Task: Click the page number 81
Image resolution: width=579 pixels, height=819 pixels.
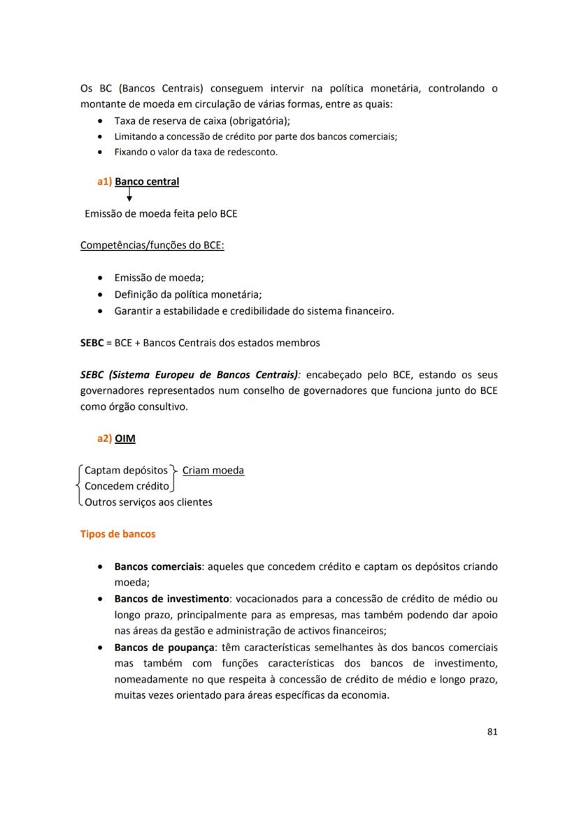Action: click(x=491, y=732)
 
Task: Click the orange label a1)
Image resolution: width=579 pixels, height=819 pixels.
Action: click(x=104, y=182)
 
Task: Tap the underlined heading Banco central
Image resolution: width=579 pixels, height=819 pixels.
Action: click(x=147, y=182)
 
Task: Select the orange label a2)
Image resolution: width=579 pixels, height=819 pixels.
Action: click(x=104, y=439)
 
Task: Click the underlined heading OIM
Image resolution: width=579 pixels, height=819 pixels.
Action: click(x=125, y=439)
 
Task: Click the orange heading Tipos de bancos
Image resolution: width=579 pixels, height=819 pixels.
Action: click(x=118, y=534)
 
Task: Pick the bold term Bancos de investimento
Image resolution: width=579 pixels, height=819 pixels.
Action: click(x=171, y=599)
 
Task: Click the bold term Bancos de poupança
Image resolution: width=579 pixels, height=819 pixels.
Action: click(x=162, y=648)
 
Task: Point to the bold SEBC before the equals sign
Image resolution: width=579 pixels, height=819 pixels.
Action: click(x=92, y=343)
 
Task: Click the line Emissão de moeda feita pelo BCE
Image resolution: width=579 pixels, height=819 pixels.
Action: click(x=160, y=213)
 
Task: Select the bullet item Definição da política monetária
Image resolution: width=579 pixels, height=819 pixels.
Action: click(x=192, y=294)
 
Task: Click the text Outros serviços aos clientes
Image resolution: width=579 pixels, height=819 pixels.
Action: click(x=148, y=502)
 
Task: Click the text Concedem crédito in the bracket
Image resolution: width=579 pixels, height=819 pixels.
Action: click(x=127, y=486)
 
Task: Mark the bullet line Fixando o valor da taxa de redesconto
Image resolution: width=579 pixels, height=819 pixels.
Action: click(x=196, y=152)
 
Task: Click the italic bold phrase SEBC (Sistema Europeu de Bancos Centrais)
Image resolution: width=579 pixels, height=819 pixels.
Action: click(x=190, y=374)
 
